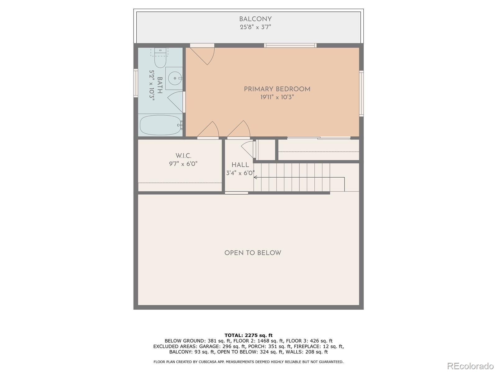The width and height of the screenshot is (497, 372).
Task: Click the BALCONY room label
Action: point(255,19)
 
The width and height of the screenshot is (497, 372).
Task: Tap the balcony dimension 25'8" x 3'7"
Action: point(255,27)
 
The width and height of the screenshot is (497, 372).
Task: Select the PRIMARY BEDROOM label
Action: point(277,89)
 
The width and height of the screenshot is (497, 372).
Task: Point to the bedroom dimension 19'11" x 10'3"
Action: point(277,97)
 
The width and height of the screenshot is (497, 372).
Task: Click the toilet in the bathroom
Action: point(160,58)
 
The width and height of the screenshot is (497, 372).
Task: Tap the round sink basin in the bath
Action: point(175,78)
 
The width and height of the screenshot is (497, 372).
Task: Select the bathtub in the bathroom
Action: point(161,125)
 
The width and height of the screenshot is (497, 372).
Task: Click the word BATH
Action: point(160,85)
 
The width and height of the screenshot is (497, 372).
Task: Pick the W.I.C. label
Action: point(183,156)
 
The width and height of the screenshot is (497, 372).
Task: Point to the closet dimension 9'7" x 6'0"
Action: point(183,164)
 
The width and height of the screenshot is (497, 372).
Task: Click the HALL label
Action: point(240,165)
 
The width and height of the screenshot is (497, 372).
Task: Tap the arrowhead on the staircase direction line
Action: point(255,178)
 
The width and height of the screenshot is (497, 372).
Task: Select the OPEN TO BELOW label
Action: point(253,253)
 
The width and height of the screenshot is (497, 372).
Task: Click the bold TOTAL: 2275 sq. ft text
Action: point(248,335)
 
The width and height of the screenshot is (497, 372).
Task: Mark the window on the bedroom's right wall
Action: point(361,94)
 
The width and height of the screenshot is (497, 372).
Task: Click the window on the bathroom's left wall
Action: point(136,83)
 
